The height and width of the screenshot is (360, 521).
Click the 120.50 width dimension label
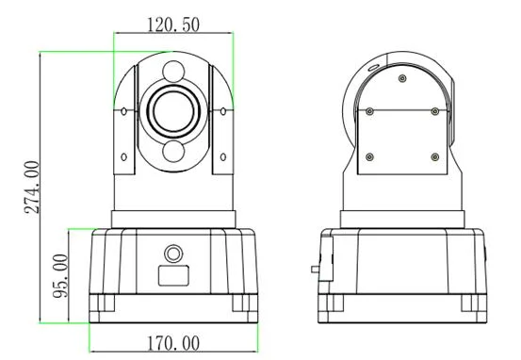click(173, 25)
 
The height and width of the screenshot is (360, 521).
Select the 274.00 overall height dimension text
click(32, 188)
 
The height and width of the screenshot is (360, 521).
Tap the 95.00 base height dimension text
click(60, 276)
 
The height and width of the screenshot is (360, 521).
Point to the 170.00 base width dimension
click(173, 344)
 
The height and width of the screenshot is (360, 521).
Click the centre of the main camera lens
click(173, 111)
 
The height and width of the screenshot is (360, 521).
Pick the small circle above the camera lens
click(173, 71)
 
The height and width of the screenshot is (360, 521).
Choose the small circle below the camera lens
click(173, 151)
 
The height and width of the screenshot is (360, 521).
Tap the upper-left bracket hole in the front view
click(124, 111)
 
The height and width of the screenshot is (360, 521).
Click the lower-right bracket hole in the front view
click(223, 156)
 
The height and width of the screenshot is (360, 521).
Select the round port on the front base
click(173, 254)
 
